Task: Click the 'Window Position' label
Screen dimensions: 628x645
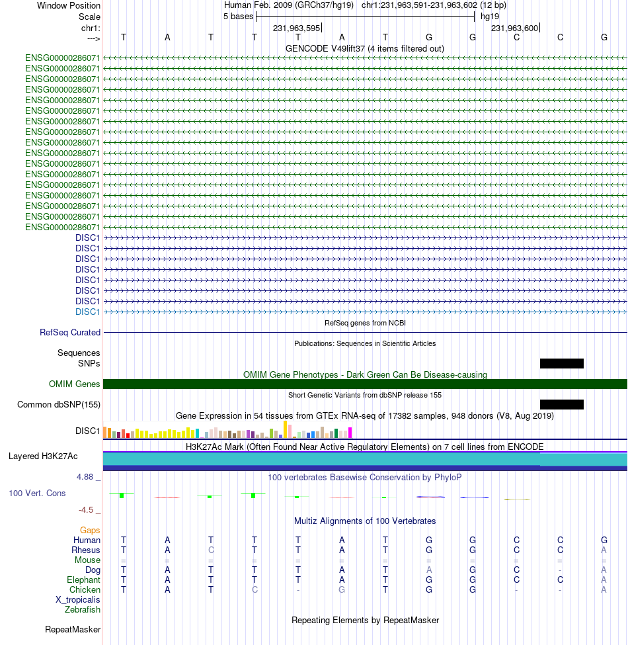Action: [x=69, y=5]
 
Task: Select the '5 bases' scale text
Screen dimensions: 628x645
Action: [x=239, y=17]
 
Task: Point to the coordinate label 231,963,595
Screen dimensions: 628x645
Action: [x=296, y=28]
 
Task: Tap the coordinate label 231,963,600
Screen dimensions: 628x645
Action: [x=514, y=28]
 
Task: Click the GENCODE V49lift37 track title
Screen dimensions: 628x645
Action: [x=365, y=48]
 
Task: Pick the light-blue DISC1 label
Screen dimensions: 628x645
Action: [x=87, y=312]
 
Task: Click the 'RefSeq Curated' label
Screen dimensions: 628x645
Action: [x=70, y=332]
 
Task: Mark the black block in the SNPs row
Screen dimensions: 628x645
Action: [x=562, y=363]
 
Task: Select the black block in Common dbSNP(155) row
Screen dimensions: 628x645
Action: [x=562, y=404]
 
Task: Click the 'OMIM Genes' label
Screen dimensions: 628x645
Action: [x=75, y=384]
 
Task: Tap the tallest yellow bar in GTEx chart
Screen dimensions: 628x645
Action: [x=285, y=429]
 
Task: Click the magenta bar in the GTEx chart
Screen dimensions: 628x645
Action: [x=350, y=433]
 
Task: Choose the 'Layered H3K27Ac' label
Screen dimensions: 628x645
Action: [x=43, y=456]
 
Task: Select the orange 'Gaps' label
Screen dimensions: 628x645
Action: [x=90, y=531]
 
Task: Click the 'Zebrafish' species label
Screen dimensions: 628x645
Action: [x=82, y=610]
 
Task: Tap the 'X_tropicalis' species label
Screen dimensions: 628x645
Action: [x=78, y=600]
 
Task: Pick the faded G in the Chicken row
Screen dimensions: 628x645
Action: [x=342, y=590]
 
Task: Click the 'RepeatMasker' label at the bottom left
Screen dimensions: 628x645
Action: [x=73, y=629]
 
